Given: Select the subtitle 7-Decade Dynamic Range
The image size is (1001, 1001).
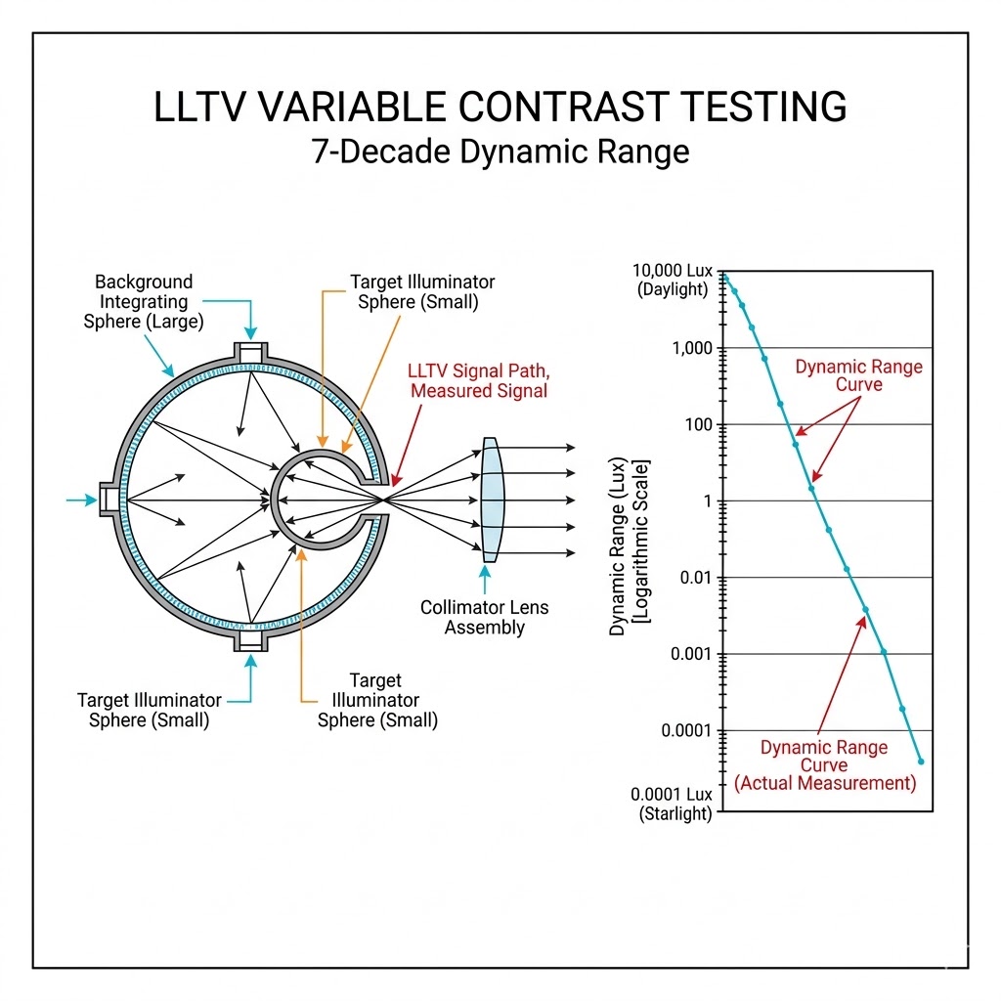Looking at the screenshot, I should coord(500,152).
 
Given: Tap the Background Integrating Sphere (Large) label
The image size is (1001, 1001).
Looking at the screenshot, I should coord(144,301).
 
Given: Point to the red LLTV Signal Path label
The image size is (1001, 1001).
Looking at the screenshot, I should coord(478,380).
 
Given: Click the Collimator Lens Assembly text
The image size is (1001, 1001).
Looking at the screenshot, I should coord(484,617).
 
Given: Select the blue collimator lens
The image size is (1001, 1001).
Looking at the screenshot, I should coord(491,500).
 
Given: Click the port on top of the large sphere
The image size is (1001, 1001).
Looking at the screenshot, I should coord(252,352).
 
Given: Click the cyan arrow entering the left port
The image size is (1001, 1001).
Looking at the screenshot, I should coord(81,500).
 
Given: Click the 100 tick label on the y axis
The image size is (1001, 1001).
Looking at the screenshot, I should coord(698,425).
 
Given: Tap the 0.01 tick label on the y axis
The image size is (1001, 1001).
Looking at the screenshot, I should coord(696,578).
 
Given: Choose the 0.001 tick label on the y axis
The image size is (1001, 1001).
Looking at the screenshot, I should coord(691,654).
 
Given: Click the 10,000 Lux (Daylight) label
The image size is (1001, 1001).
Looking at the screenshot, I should coord(674,279).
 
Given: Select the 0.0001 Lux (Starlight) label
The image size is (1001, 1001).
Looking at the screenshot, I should coord(673,805).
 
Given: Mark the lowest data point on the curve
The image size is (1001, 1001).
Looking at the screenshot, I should coord(921,762).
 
